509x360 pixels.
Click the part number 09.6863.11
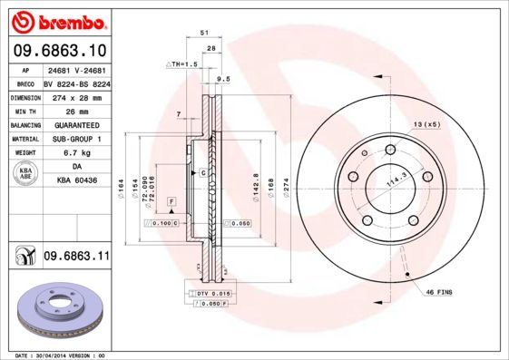coord(76,258)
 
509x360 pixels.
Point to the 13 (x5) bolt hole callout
coord(426,123)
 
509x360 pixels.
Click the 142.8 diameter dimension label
coord(257,185)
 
